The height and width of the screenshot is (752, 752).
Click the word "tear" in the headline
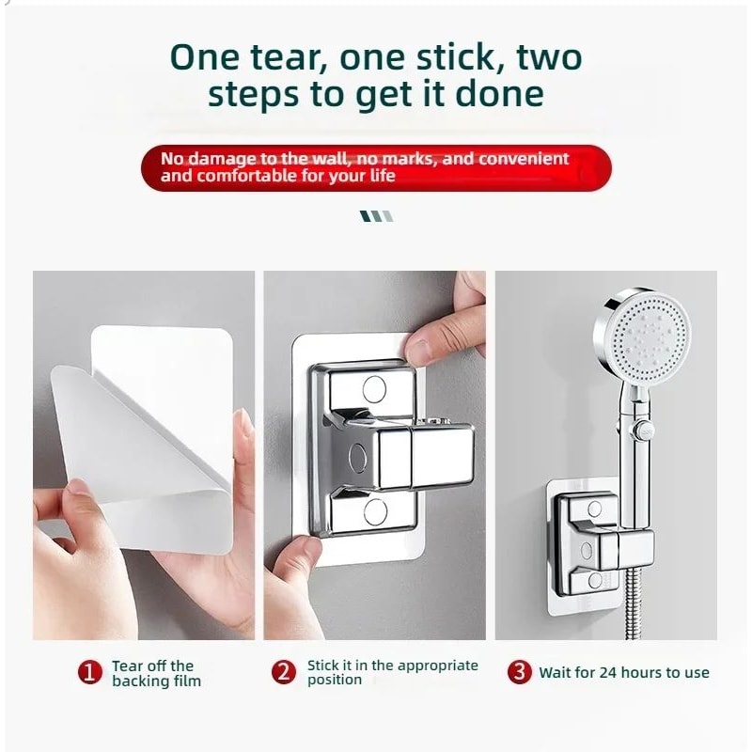pos(286,57)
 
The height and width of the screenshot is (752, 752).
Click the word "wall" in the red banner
pos(328,158)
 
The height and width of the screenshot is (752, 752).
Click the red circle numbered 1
pos(90,672)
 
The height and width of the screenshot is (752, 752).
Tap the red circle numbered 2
pos(284,671)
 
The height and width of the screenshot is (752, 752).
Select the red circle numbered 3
pos(520,671)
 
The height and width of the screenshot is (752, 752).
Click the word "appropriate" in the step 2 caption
pos(437,666)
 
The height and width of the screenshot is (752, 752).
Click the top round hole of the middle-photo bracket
pos(374,389)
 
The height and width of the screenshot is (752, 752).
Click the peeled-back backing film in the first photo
pos(139,456)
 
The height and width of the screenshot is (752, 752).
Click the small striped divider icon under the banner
pos(377,216)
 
